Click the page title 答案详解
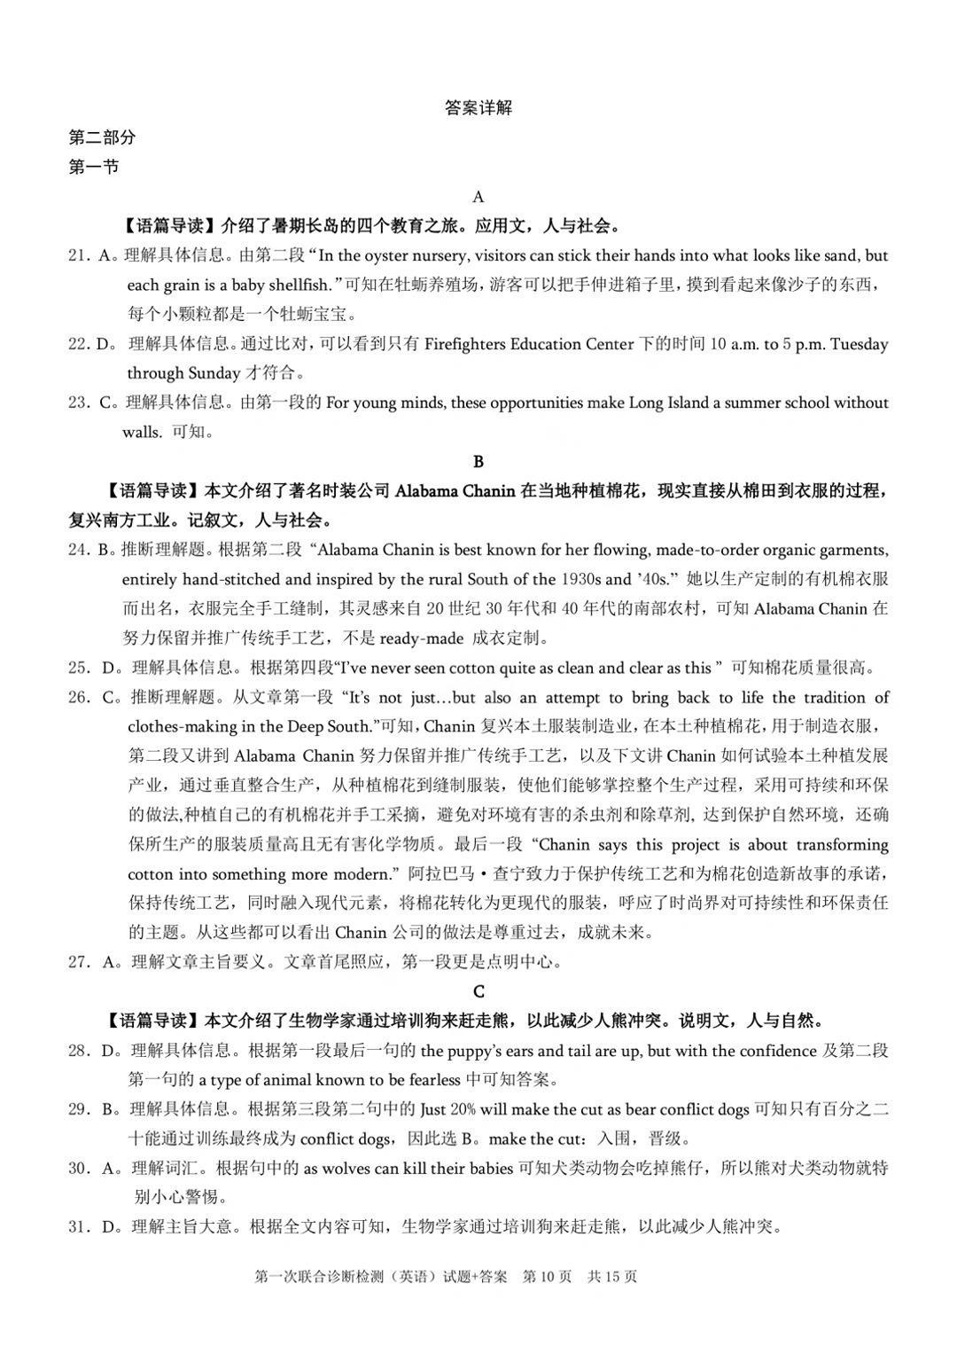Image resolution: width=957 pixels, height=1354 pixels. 478,108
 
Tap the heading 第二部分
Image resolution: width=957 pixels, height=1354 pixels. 103,137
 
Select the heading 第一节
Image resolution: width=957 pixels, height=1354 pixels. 94,167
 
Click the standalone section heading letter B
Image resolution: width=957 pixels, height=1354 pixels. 478,461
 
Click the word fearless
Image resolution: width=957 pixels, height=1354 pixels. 428,1080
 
